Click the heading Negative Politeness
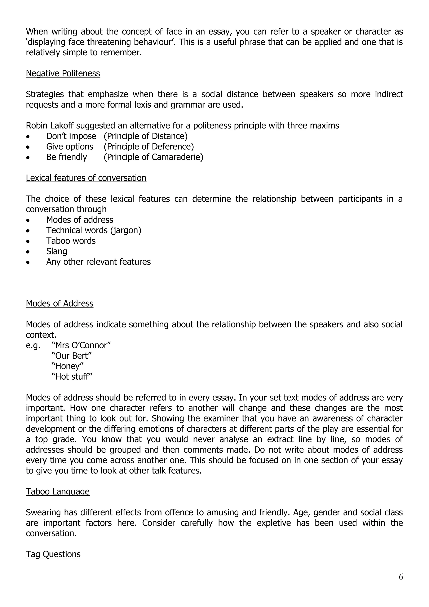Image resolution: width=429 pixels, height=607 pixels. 63,73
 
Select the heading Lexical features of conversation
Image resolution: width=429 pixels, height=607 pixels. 86,178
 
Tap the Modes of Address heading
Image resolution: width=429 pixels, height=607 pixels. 60,303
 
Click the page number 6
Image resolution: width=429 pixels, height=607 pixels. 401,577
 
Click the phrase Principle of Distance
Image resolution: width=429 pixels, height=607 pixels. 146,136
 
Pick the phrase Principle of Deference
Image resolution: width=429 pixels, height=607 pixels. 149,147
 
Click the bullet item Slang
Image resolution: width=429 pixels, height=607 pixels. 57,251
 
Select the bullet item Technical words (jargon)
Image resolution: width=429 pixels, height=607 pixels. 94,230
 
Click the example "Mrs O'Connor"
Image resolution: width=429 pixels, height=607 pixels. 81,345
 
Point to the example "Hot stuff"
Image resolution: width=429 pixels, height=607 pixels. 72,376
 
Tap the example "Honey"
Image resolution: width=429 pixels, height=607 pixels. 67,366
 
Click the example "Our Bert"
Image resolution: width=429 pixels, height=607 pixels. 71,355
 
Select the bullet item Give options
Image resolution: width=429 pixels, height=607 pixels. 70,147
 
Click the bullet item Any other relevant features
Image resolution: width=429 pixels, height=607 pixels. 98,262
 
